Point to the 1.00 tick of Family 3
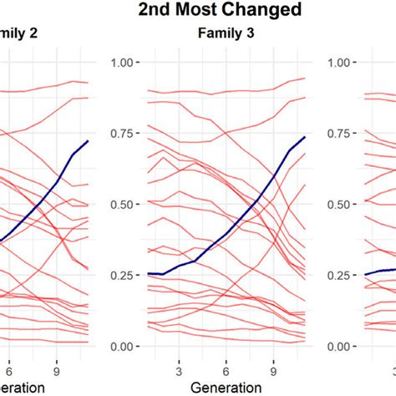pos(124,63)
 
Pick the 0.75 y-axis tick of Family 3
pos(124,134)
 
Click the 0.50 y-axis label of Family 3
pos(124,205)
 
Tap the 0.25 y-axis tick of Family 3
pos(124,276)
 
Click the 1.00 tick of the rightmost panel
pos(343,63)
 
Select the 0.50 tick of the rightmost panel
pos(343,205)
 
